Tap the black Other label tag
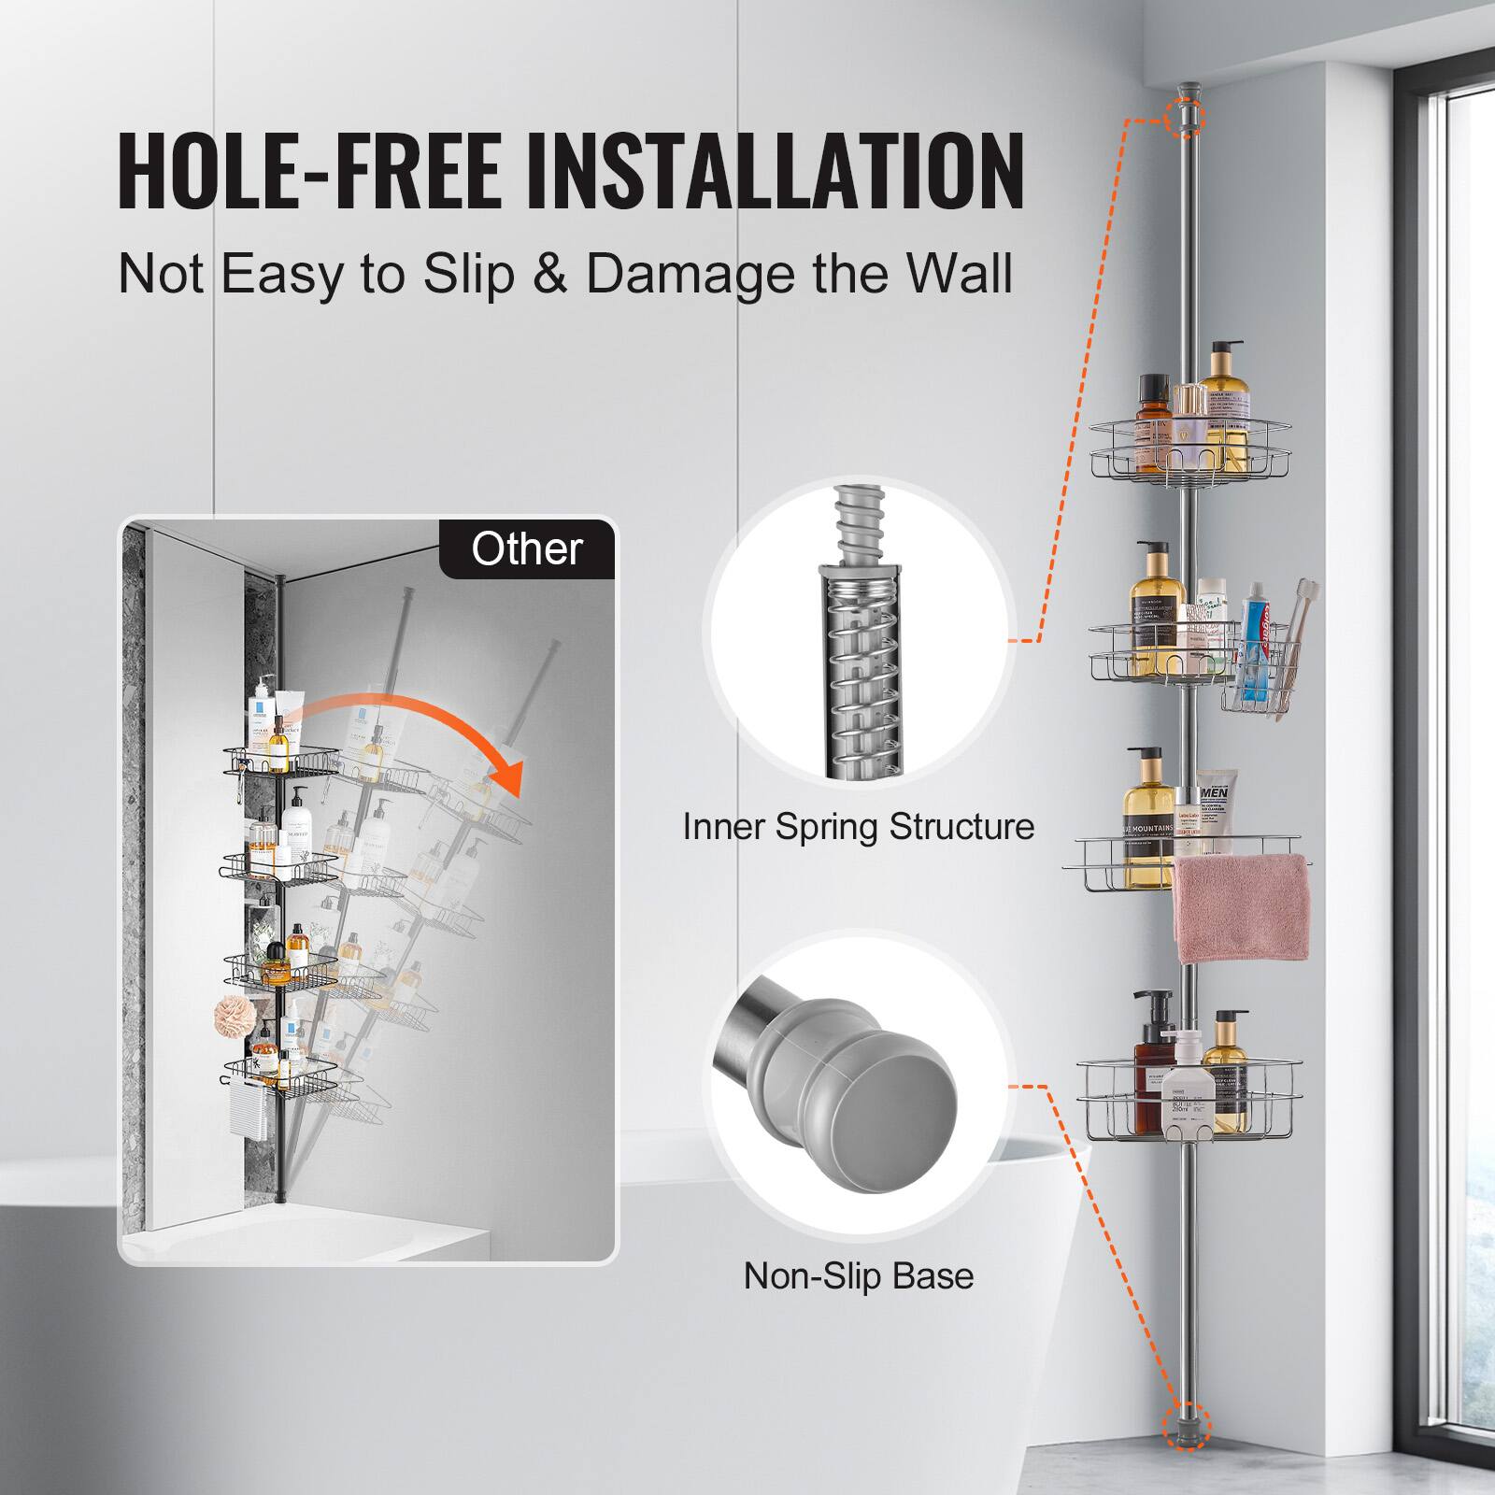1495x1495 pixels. pos(527,548)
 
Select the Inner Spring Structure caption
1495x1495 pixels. pos(858,827)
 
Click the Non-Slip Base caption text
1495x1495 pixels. pos(858,1275)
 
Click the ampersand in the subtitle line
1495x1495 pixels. pos(551,273)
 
